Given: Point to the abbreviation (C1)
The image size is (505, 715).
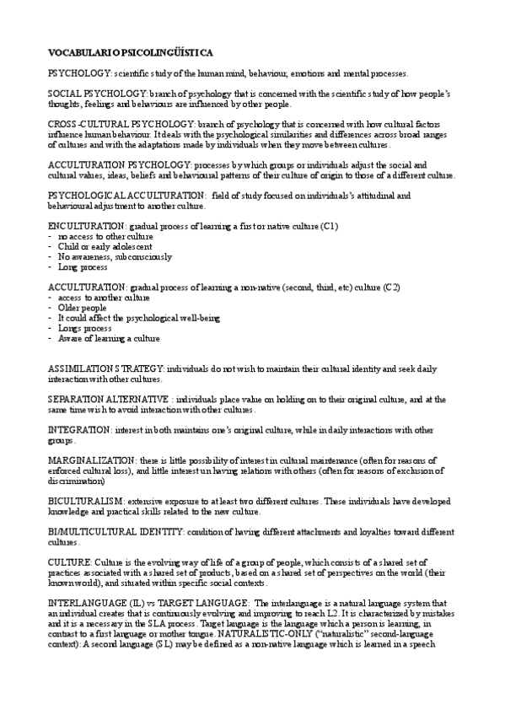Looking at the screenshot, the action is click(x=330, y=227).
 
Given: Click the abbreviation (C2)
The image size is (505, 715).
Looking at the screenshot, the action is click(x=392, y=288).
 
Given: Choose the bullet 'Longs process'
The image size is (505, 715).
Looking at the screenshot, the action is click(x=86, y=328).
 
